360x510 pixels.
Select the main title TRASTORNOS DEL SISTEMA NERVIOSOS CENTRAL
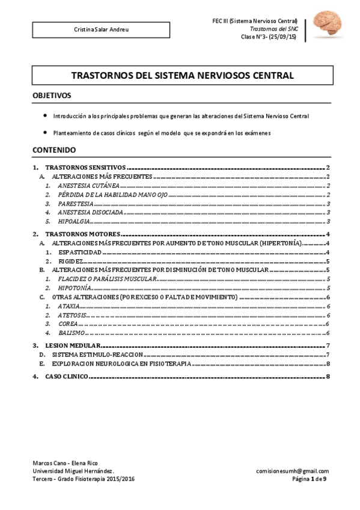tap(183, 76)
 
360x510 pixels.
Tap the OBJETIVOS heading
tap(52, 96)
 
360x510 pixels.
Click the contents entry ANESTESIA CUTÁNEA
tap(84, 186)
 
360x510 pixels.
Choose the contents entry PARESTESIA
tap(76, 204)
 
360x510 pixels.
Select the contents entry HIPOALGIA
tap(75, 221)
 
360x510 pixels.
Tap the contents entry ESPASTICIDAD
tap(81, 253)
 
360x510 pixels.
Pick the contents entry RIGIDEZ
tap(72, 262)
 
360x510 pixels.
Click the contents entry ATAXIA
tap(70, 306)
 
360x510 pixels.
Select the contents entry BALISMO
tap(72, 333)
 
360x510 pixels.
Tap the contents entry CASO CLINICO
tap(67, 376)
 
